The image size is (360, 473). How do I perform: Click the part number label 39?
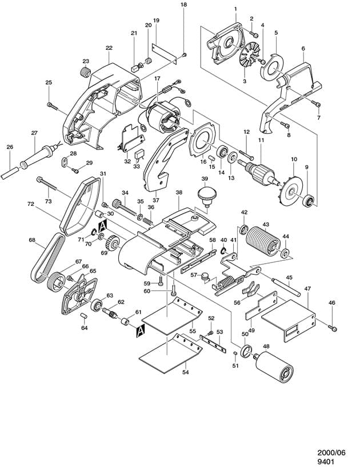[204, 180]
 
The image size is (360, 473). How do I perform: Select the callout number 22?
[109, 48]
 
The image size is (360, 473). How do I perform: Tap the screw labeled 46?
[333, 328]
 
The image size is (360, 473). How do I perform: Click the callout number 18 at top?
[183, 5]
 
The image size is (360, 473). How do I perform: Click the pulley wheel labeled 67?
[57, 281]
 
